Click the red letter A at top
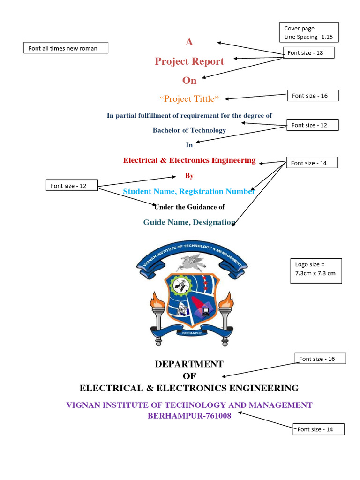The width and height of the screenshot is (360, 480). pyautogui.click(x=189, y=42)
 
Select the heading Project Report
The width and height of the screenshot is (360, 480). pyautogui.click(x=189, y=61)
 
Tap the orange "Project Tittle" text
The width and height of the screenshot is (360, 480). pyautogui.click(x=189, y=99)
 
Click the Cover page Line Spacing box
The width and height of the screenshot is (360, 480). pyautogui.click(x=308, y=32)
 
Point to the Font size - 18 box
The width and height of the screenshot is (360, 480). pyautogui.click(x=308, y=53)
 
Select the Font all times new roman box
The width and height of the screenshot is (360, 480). pyautogui.click(x=66, y=48)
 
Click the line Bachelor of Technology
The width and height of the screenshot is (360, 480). pyautogui.click(x=189, y=130)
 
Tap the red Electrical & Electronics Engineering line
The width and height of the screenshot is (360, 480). pyautogui.click(x=189, y=160)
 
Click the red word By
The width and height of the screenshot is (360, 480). pyautogui.click(x=189, y=176)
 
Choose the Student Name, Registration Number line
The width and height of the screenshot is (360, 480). pyautogui.click(x=189, y=191)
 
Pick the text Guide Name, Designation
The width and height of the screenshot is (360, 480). pyautogui.click(x=189, y=222)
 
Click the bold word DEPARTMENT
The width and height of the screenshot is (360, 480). pyautogui.click(x=189, y=364)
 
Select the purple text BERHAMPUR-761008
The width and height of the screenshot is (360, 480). pyautogui.click(x=189, y=416)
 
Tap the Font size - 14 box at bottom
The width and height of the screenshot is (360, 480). pyautogui.click(x=318, y=429)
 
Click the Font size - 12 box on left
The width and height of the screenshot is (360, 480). pyautogui.click(x=72, y=186)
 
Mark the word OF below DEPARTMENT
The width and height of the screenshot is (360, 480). pyautogui.click(x=189, y=376)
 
